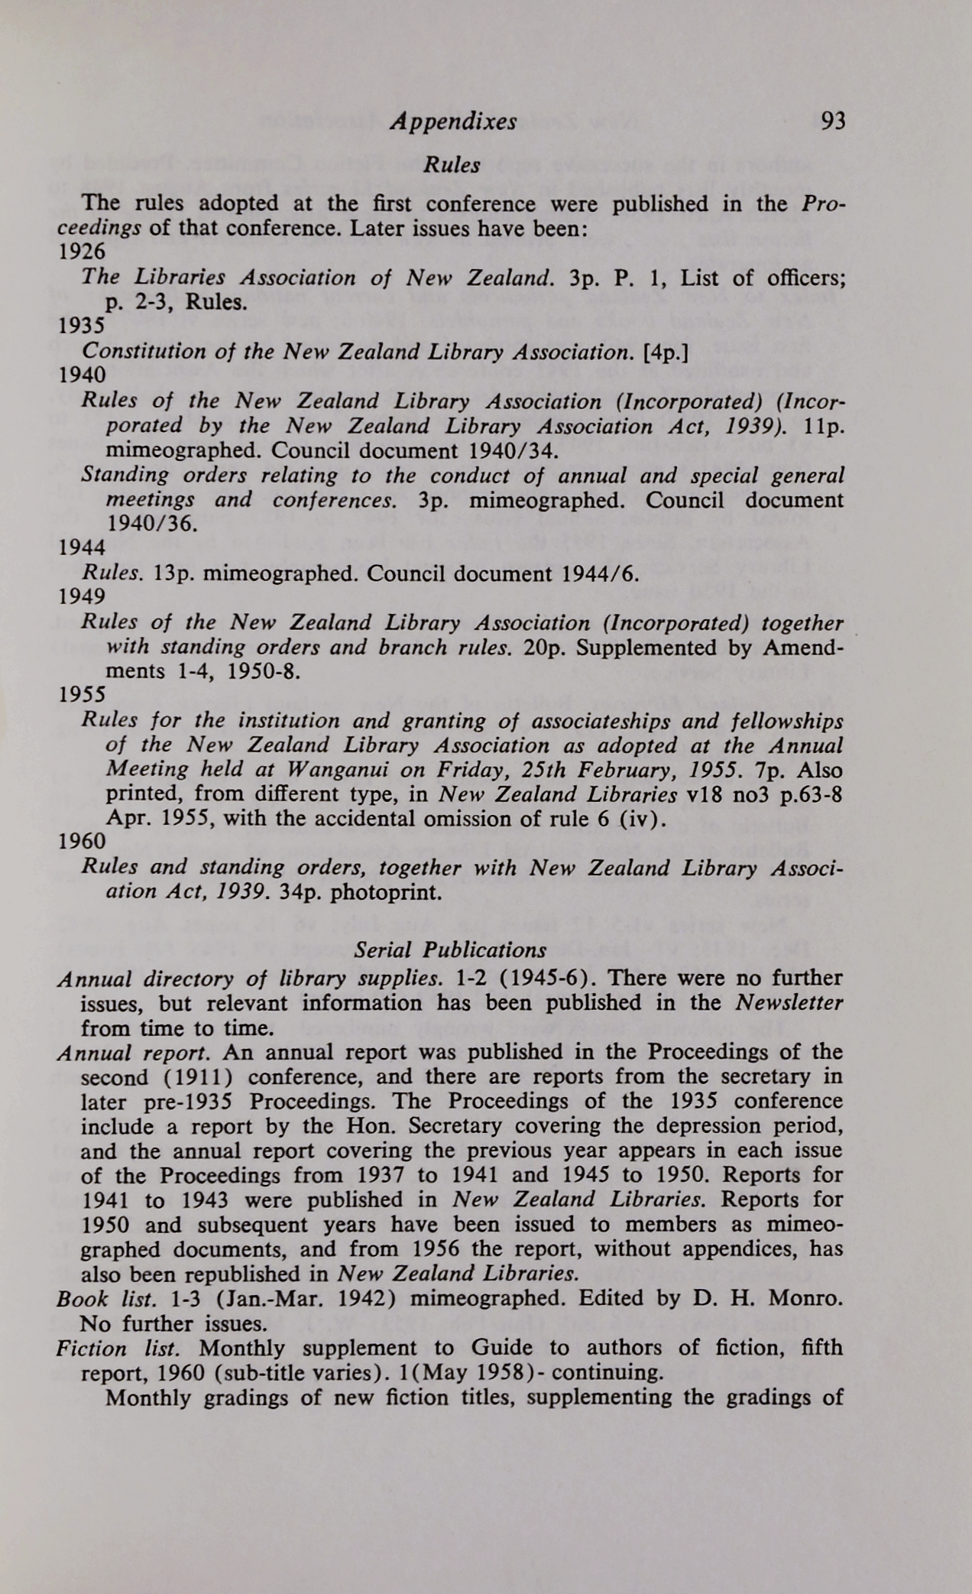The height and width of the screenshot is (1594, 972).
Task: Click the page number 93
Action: coord(831,122)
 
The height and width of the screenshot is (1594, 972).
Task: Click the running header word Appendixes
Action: coord(452,122)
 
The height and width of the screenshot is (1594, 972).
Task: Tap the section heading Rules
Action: coord(452,165)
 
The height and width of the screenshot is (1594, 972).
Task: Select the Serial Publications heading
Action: coord(451,950)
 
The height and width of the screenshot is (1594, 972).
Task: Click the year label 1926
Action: coord(82,252)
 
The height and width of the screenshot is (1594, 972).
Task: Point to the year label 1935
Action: coord(82,326)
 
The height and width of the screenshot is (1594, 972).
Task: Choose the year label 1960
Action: coord(82,842)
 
